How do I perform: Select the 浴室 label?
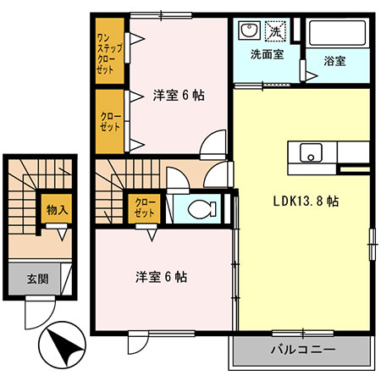coord(335,61)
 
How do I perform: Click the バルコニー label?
coord(304,350)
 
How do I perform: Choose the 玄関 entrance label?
coord(37,279)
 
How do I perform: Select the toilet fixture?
coord(200,208)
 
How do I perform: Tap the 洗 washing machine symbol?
coord(277,31)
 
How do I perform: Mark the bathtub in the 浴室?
coord(338,34)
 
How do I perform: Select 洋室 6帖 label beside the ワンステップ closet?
coord(179,95)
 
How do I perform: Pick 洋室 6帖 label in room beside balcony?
coord(162,277)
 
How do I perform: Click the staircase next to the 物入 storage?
coord(23,203)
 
